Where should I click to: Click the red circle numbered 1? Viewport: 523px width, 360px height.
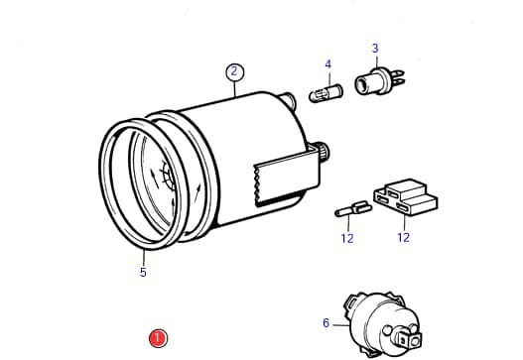(158, 338)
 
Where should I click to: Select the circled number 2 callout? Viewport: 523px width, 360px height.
(235, 71)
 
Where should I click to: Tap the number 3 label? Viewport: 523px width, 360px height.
(375, 49)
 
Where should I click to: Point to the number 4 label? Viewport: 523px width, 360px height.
(328, 64)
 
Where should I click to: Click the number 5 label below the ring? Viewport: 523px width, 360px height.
(143, 272)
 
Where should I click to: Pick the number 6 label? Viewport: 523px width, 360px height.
(326, 322)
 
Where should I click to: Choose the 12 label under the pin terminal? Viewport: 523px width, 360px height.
(347, 238)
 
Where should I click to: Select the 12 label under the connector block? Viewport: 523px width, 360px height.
(403, 237)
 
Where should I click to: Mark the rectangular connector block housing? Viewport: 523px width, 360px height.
(406, 196)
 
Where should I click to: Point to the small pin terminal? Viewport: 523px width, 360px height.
(353, 209)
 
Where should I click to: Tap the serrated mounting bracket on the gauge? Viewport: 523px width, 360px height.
(285, 176)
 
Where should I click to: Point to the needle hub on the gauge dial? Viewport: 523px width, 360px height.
(167, 176)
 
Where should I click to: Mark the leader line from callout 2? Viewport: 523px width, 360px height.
(235, 89)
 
